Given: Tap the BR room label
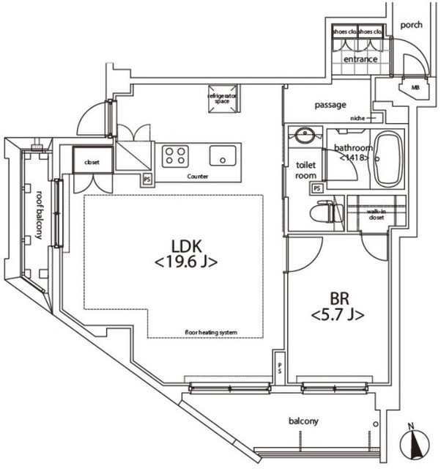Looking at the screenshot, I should pyautogui.click(x=338, y=306).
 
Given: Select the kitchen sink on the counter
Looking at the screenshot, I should pyautogui.click(x=221, y=155).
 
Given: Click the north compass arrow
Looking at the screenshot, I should pyautogui.click(x=414, y=444).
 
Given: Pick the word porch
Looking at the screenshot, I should pyautogui.click(x=412, y=24).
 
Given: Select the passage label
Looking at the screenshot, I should pyautogui.click(x=330, y=105).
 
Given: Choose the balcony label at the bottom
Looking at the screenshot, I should pyautogui.click(x=303, y=421).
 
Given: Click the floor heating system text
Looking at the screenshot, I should pyautogui.click(x=211, y=333).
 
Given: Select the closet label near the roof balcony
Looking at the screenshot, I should pyautogui.click(x=92, y=162).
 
